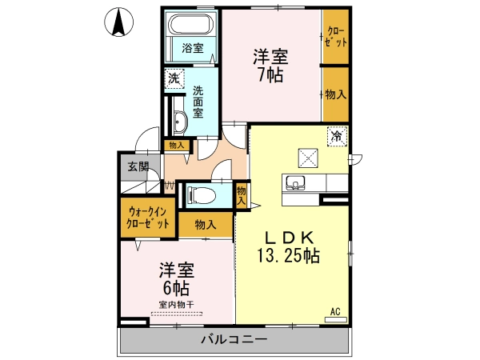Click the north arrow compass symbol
118,22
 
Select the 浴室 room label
193,48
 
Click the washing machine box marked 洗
174,78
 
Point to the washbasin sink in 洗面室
180,122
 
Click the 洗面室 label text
198,102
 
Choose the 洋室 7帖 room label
270,66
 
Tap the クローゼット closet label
336,37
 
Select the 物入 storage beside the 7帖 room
336,94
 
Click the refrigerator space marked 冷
337,136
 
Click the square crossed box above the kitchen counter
308,158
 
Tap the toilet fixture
202,194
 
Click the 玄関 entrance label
138,166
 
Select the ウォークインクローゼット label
148,218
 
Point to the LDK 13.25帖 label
289,246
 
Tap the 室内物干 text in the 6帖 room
176,305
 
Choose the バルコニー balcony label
234,339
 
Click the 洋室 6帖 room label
176,278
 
